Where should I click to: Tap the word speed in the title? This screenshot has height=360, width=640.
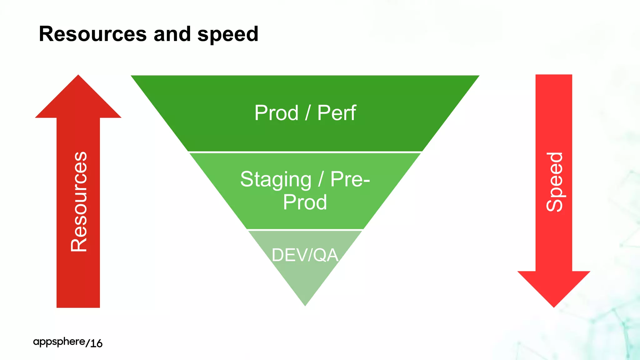click(x=228, y=34)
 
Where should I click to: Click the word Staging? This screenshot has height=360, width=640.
click(x=276, y=180)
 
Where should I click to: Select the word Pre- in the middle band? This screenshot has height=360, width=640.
click(x=350, y=179)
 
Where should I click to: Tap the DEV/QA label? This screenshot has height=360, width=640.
click(x=305, y=255)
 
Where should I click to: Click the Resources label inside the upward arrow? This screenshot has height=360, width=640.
click(x=79, y=202)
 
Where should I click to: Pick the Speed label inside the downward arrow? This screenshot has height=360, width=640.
click(x=554, y=182)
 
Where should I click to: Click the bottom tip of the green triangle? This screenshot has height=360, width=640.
click(x=305, y=304)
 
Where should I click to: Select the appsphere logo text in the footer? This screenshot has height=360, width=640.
click(x=59, y=342)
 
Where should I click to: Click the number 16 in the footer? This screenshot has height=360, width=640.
click(x=97, y=343)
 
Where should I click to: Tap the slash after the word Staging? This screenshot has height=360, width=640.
click(x=321, y=179)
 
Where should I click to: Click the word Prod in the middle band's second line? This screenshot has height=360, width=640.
click(x=305, y=202)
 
